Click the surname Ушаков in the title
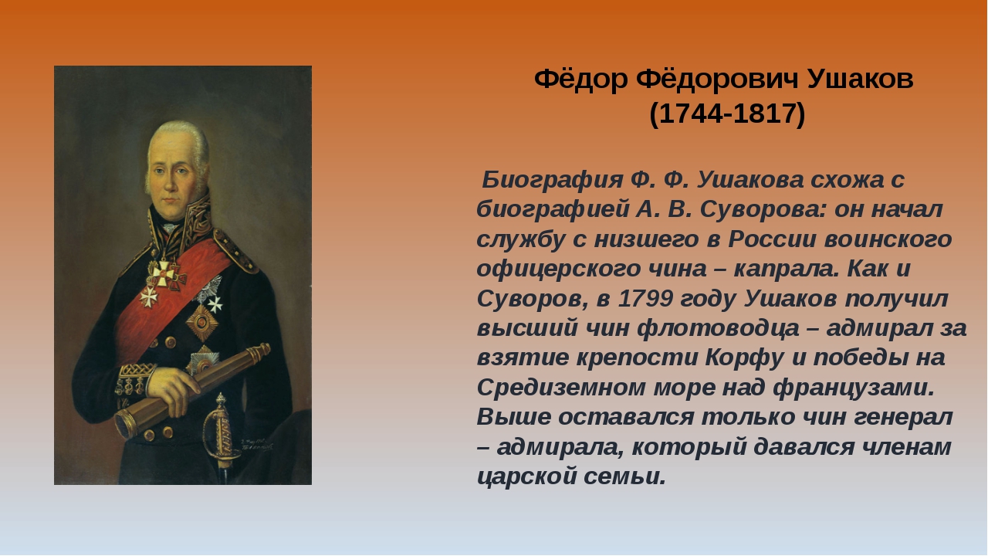861,80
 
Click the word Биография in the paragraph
552,181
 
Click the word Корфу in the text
744,358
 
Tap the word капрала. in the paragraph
787,270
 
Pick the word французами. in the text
854,388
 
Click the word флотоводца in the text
718,329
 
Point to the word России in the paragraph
771,239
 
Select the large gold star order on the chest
202,322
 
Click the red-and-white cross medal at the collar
164,273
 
